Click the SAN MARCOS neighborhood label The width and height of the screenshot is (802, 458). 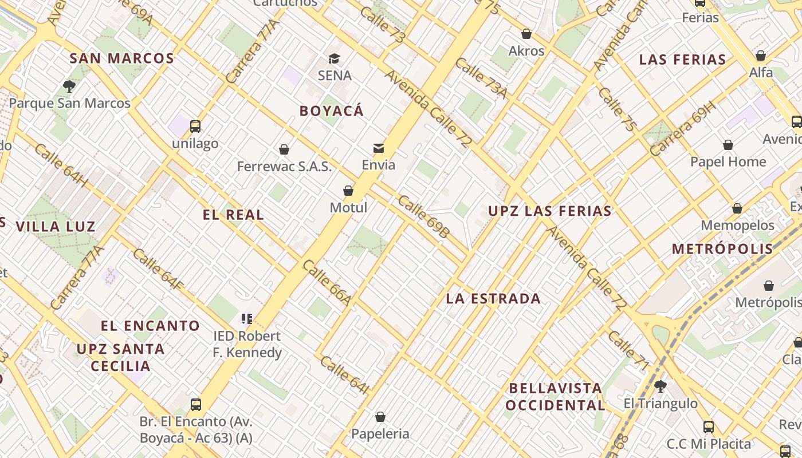(121, 58)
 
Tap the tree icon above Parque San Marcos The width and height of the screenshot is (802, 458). (69, 86)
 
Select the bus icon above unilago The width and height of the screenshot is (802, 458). (195, 127)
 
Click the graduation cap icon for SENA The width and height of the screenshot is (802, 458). (334, 58)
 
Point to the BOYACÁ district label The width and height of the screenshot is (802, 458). (332, 111)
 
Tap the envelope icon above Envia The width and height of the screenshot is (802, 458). (379, 148)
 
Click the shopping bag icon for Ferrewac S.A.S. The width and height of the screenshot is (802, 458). (284, 149)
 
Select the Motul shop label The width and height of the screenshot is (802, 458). (348, 207)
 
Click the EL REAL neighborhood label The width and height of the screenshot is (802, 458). (233, 215)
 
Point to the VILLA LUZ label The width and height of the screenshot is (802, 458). (56, 227)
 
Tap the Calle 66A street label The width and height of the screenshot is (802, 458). (326, 283)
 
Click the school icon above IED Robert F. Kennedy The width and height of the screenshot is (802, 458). (247, 318)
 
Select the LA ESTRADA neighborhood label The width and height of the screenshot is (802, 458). (493, 299)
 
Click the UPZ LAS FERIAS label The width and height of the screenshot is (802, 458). (550, 211)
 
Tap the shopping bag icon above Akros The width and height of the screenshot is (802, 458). (526, 34)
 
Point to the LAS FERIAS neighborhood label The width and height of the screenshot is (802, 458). (682, 60)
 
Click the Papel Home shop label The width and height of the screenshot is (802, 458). (728, 162)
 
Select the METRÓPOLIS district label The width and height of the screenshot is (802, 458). (722, 249)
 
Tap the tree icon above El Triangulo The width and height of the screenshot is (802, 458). (661, 386)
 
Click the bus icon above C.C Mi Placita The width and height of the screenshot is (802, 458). (709, 427)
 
